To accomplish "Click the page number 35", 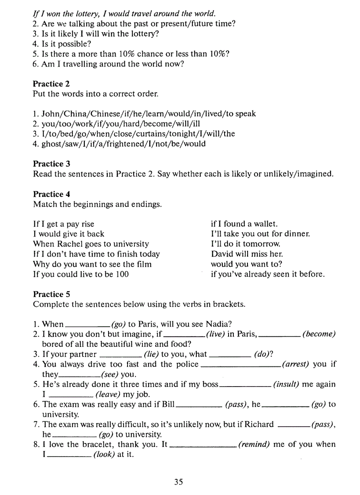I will tap(178, 482).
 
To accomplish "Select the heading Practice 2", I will tap(51, 84).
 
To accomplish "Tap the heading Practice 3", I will tap(51, 164).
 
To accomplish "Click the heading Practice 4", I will tap(51, 194).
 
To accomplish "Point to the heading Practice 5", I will tap(51, 294).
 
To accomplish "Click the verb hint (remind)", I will tap(254, 444).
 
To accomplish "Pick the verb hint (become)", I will tap(319, 334).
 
